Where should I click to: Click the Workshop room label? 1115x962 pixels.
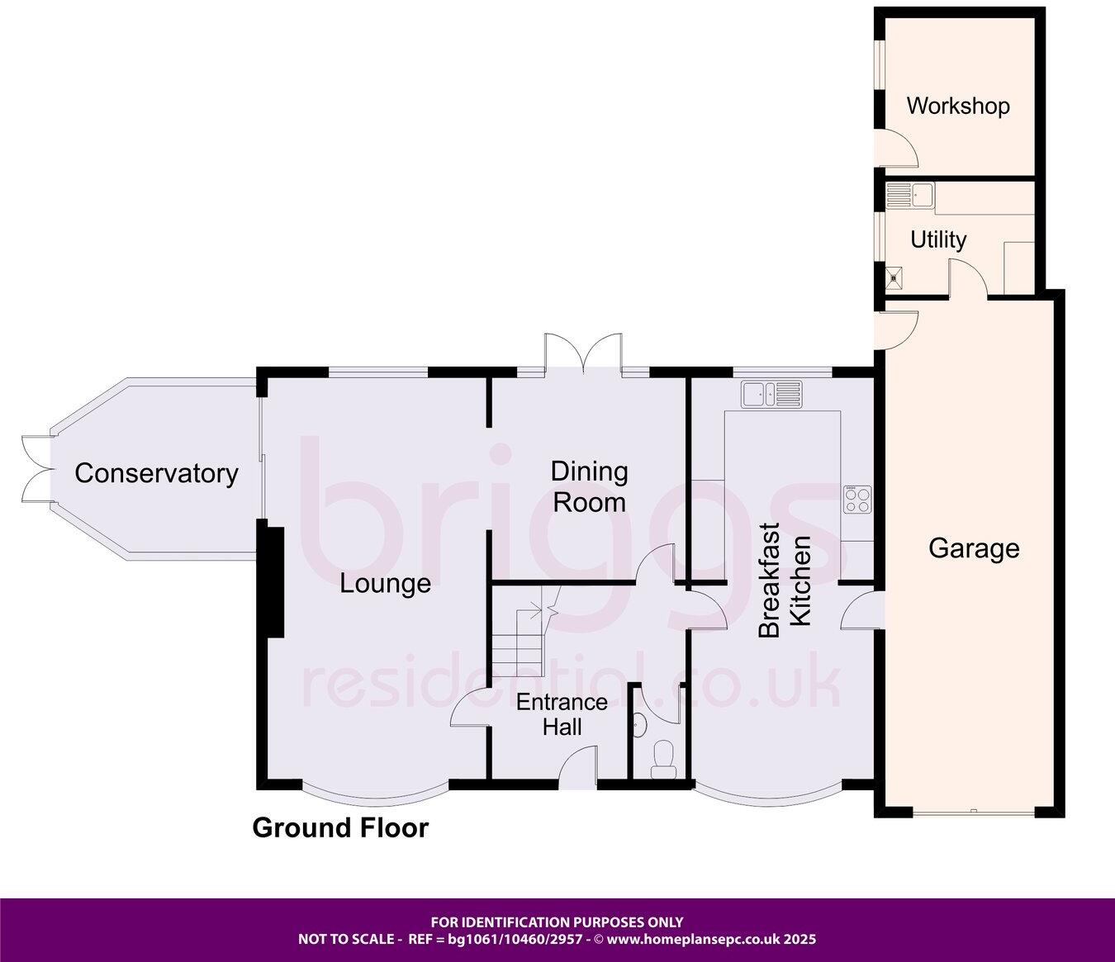pyautogui.click(x=957, y=107)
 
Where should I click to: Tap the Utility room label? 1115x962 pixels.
pyautogui.click(x=937, y=239)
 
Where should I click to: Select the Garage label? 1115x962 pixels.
pyautogui.click(x=974, y=548)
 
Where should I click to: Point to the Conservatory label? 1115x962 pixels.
pyautogui.click(x=156, y=473)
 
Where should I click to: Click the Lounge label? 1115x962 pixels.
pyautogui.click(x=386, y=584)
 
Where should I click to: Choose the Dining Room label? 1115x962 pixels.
pyautogui.click(x=589, y=486)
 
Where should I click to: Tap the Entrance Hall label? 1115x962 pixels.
pyautogui.click(x=562, y=714)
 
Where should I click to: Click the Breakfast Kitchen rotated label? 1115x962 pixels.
pyautogui.click(x=785, y=580)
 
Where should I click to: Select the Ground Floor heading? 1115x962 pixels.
pyautogui.click(x=340, y=827)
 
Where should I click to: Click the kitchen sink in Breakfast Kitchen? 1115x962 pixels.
pyautogui.click(x=771, y=393)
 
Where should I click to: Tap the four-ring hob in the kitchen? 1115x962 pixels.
pyautogui.click(x=857, y=499)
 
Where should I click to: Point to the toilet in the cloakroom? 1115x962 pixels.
pyautogui.click(x=663, y=760)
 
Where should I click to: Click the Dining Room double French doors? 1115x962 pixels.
pyautogui.click(x=582, y=353)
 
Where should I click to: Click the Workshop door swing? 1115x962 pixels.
pyautogui.click(x=897, y=150)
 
